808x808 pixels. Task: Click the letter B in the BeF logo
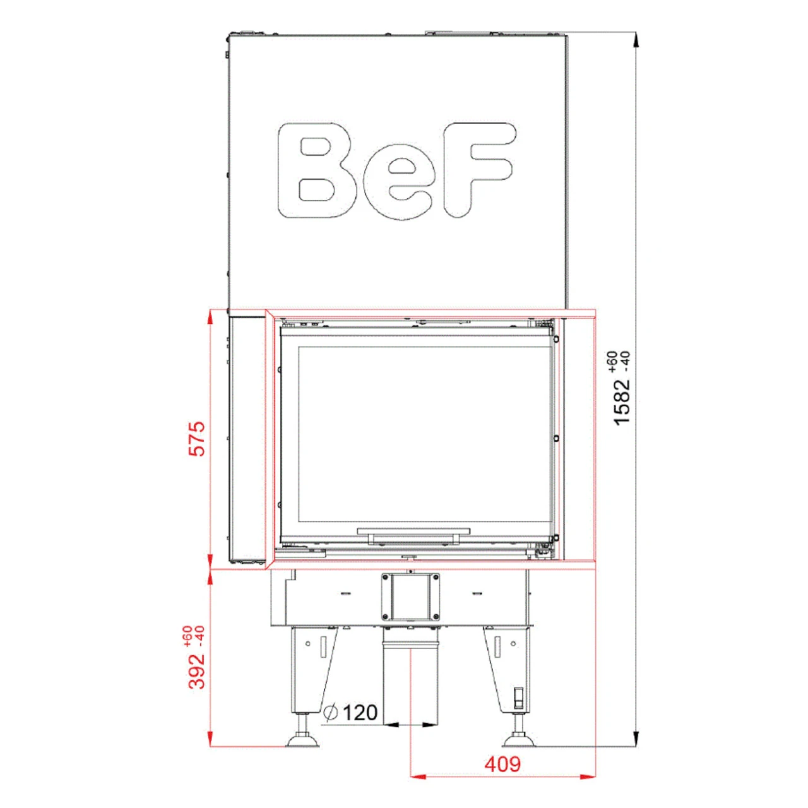click(316, 170)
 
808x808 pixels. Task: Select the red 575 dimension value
click(198, 439)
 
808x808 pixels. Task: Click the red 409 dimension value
click(502, 764)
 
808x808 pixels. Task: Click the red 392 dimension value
click(198, 670)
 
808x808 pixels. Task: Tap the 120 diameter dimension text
click(360, 713)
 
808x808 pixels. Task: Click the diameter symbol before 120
click(330, 713)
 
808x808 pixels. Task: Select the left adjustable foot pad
click(303, 740)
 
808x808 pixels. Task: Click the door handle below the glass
click(413, 535)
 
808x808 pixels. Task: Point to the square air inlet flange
click(410, 597)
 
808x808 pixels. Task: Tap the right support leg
click(508, 669)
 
